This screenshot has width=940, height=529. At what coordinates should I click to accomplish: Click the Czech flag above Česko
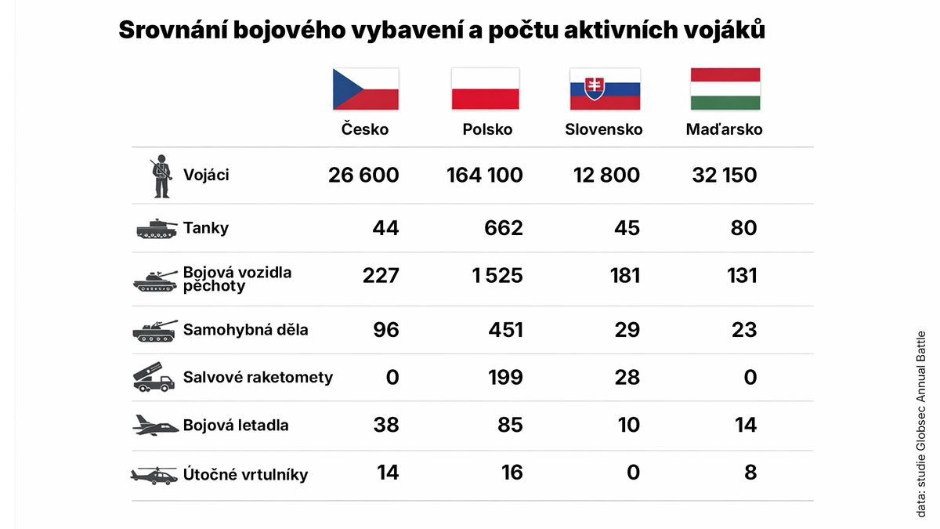point(366,89)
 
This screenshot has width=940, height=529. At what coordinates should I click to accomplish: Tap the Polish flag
point(485,89)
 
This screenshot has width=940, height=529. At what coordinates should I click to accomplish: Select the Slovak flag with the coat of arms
point(604,89)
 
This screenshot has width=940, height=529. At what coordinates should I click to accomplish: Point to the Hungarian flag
point(725,89)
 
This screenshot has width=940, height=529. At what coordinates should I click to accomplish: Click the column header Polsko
point(487,129)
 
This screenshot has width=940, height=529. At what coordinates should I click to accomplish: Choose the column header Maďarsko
point(724,129)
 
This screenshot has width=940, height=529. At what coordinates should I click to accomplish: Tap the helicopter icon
point(155,475)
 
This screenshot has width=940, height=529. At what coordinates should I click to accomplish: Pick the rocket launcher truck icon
point(154,377)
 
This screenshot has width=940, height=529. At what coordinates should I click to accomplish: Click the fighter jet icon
point(155,426)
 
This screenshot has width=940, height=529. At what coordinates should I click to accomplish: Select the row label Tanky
point(205,228)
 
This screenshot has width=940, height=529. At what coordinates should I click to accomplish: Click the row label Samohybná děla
point(245,330)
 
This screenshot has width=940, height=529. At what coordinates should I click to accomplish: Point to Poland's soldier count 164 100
point(484,175)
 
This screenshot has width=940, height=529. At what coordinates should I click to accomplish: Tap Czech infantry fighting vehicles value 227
point(381,276)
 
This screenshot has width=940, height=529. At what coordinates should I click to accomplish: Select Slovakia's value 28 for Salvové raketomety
point(627,377)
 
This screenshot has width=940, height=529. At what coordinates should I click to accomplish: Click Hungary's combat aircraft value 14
point(745,425)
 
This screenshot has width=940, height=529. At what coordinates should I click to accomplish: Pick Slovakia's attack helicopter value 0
point(633,473)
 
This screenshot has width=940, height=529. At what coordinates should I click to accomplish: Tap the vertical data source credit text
point(921,424)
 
